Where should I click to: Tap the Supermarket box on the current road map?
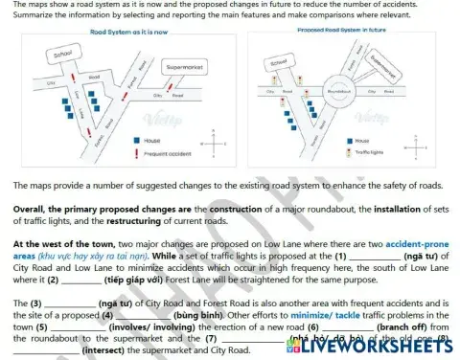[184, 68]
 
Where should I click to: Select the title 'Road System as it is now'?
[128, 32]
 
